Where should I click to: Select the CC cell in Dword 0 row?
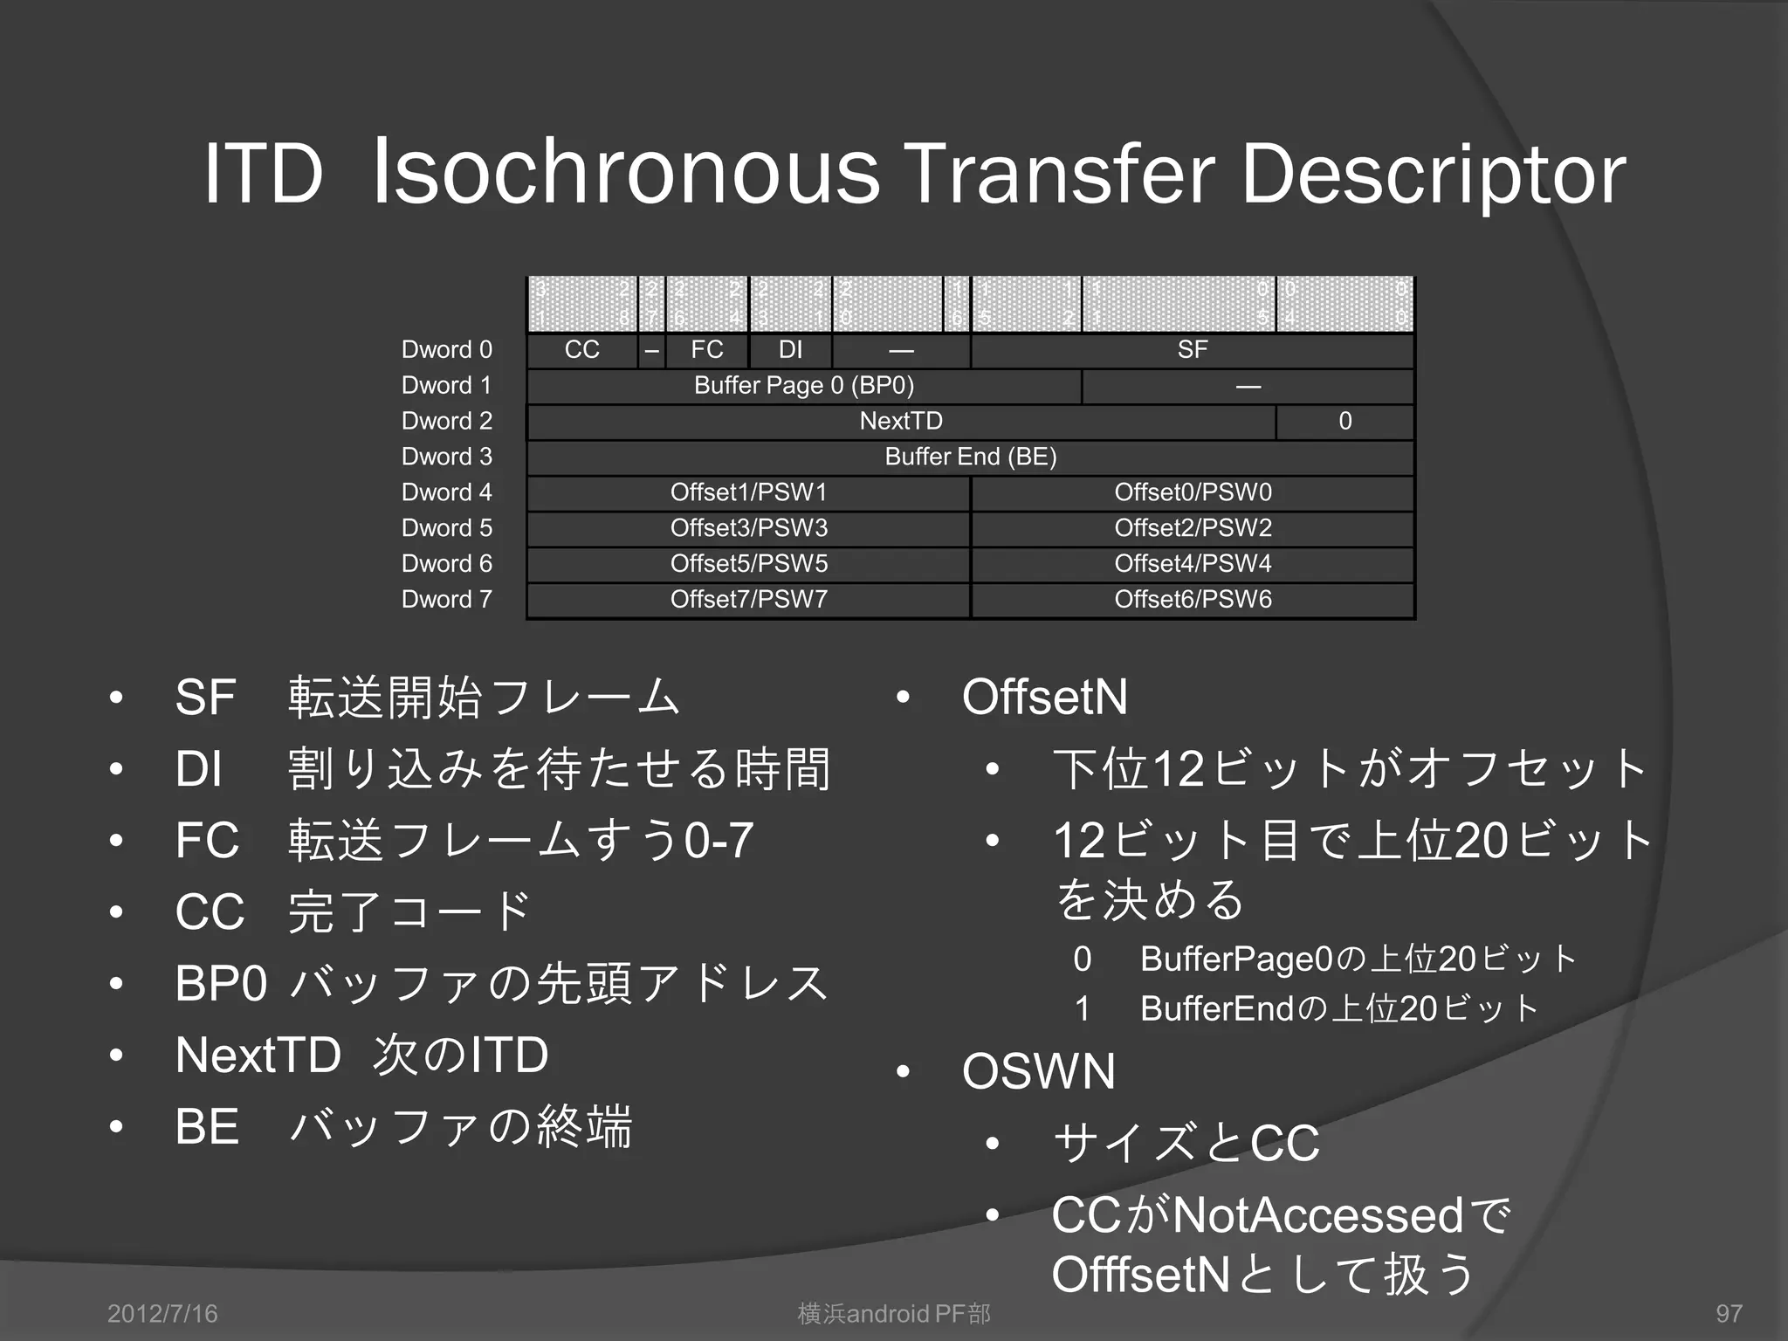click(581, 350)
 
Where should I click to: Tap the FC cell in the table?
click(706, 350)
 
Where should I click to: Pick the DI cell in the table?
click(790, 350)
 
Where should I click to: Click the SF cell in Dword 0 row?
click(1193, 350)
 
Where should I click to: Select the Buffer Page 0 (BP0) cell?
click(803, 386)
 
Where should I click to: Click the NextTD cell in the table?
click(901, 422)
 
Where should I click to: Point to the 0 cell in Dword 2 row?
click(1344, 422)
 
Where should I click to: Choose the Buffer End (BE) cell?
click(971, 457)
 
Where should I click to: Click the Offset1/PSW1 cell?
click(748, 493)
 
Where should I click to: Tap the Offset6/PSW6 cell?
click(1193, 600)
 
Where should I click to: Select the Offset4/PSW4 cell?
click(1193, 564)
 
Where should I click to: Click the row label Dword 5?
click(446, 528)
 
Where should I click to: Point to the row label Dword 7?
click(446, 600)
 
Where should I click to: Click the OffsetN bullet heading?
click(1044, 697)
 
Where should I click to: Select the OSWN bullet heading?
click(1038, 1071)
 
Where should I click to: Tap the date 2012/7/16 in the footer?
click(162, 1314)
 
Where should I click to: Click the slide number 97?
click(1729, 1314)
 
